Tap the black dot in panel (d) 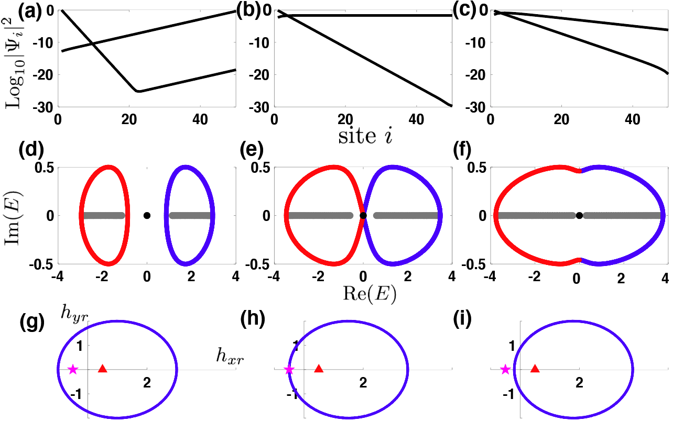click(147, 215)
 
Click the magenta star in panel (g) click(73, 370)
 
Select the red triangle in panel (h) click(318, 369)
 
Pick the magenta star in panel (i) click(505, 370)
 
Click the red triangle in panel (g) click(102, 369)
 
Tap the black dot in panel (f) click(579, 215)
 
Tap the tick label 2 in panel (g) click(147, 382)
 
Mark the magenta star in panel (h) click(289, 370)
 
